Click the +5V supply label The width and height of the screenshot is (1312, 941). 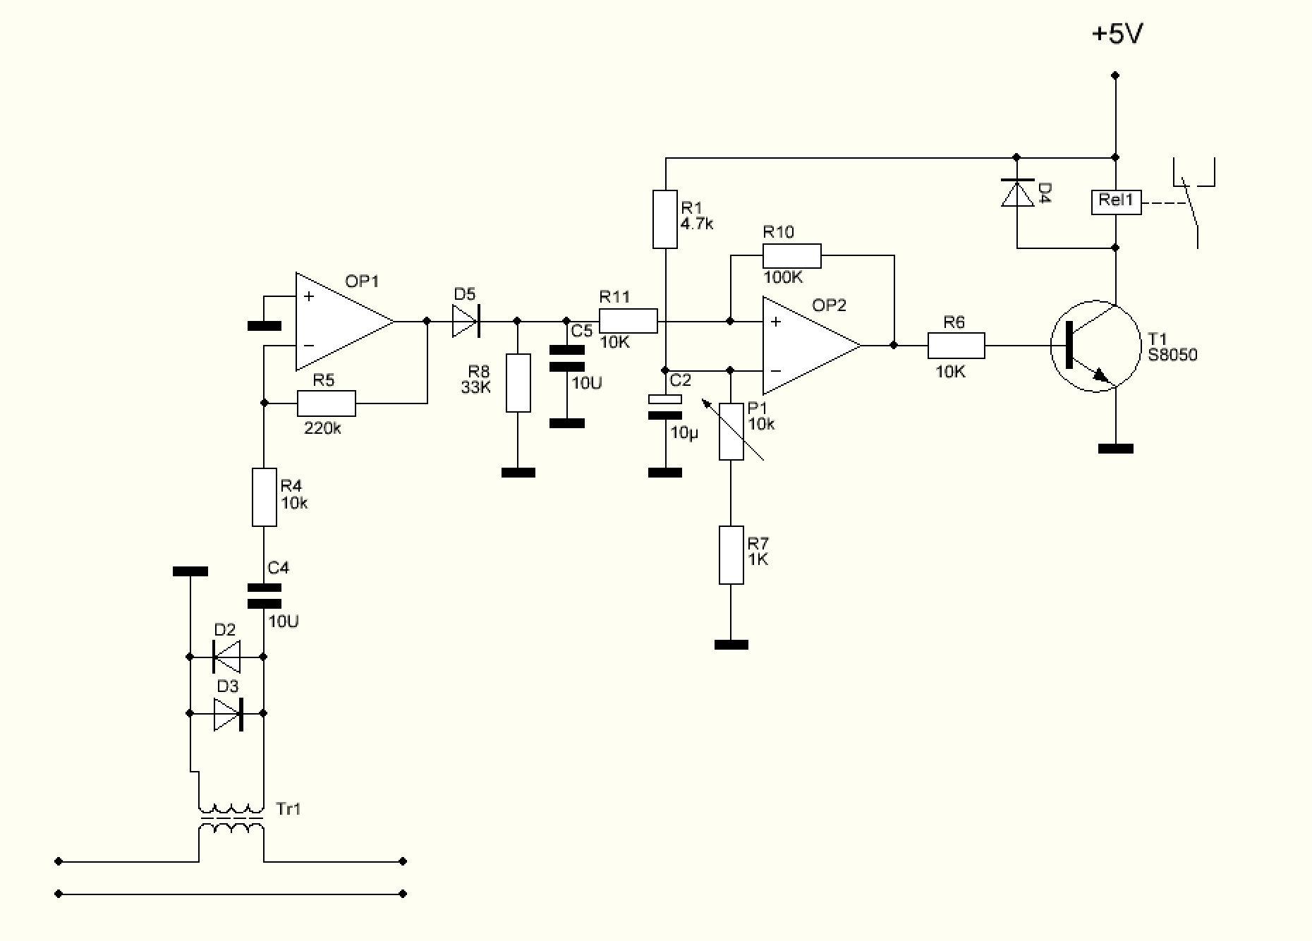tap(1117, 34)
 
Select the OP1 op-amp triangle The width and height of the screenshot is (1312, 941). tap(339, 322)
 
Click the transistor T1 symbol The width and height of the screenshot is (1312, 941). tap(1093, 346)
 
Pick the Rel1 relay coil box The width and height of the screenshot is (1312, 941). tap(1115, 202)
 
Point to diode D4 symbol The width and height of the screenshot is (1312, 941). tap(1017, 193)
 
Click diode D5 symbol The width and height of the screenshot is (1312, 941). tap(466, 321)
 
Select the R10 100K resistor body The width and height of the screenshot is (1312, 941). tap(791, 255)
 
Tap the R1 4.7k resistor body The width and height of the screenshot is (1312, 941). tap(664, 219)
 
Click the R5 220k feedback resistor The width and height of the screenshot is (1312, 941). tap(326, 403)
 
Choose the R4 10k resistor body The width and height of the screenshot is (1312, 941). tap(265, 497)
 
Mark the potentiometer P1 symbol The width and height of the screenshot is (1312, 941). tap(731, 431)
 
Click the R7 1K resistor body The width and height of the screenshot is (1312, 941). tap(731, 554)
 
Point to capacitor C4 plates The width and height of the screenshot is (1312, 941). tap(265, 595)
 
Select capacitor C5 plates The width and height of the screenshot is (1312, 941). tap(566, 358)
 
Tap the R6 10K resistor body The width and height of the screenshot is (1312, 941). tap(956, 346)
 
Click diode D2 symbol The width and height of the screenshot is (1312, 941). tap(226, 657)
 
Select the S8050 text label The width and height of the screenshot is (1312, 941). tap(1172, 356)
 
